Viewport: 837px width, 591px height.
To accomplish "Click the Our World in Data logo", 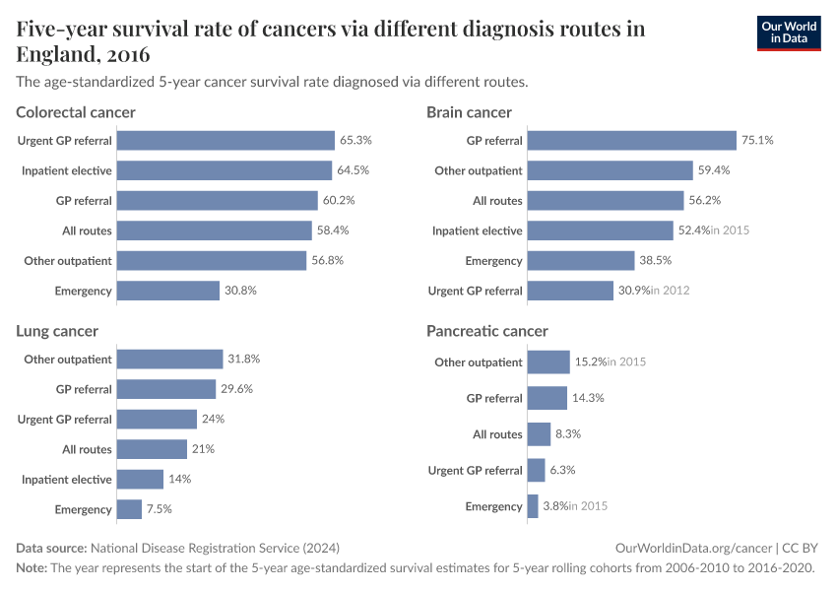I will point(788,33).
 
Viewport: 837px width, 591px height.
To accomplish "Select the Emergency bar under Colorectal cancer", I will point(167,291).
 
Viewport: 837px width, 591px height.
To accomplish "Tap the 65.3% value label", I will point(355,141).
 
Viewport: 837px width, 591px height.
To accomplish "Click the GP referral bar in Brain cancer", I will point(631,141).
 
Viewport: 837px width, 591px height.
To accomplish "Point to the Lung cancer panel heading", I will point(57,331).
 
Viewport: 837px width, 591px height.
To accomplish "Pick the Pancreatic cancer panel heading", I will point(486,331).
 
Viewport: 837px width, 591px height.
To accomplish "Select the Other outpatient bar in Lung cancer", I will point(169,360).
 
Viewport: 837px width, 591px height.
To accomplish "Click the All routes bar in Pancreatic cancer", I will point(539,434).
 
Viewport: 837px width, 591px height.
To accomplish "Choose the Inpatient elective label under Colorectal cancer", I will point(67,170).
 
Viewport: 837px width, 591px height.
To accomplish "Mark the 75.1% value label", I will point(757,141).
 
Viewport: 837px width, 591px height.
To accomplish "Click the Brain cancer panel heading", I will point(469,112).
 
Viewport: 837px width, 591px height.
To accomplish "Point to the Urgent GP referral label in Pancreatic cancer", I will point(475,471).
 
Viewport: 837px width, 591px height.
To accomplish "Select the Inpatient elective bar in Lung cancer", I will point(140,480).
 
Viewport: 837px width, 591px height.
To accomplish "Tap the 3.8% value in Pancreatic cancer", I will point(556,506).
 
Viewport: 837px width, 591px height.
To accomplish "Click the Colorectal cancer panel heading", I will point(76,112).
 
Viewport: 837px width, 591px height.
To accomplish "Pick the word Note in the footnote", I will point(32,568).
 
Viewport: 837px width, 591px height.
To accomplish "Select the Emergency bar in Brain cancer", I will point(580,261).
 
